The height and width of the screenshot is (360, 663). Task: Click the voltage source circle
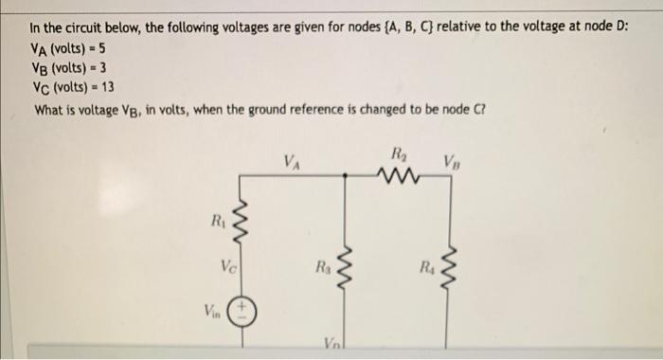coord(241,312)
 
